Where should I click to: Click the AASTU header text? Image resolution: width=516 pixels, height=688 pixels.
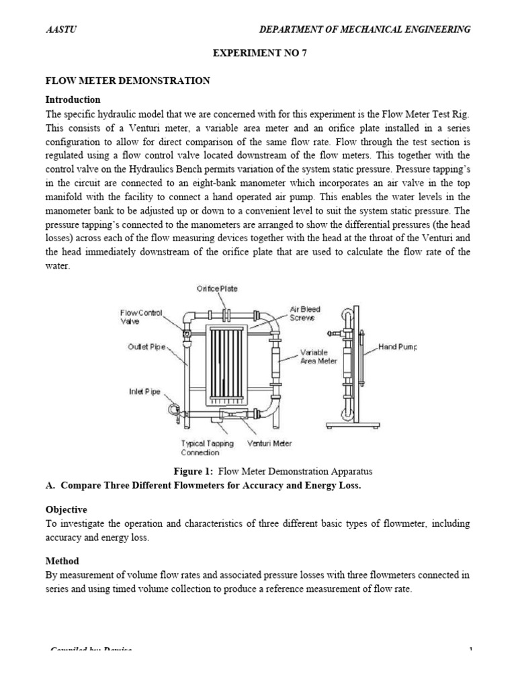[56, 30]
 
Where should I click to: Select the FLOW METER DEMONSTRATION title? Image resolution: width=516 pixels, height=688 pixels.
[128, 81]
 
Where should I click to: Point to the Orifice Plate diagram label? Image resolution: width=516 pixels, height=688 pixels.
[217, 289]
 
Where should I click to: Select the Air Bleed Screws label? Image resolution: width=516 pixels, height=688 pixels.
[305, 314]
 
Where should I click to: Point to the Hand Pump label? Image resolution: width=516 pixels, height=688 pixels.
[398, 347]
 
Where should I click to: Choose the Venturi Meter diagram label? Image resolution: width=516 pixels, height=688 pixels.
[269, 443]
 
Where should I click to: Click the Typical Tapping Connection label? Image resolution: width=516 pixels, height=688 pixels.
[208, 447]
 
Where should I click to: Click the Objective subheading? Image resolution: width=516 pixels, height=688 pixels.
[66, 510]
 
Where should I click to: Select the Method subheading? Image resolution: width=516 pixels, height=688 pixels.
[62, 560]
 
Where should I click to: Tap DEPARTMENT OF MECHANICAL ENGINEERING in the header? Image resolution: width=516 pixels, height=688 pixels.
[365, 30]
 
